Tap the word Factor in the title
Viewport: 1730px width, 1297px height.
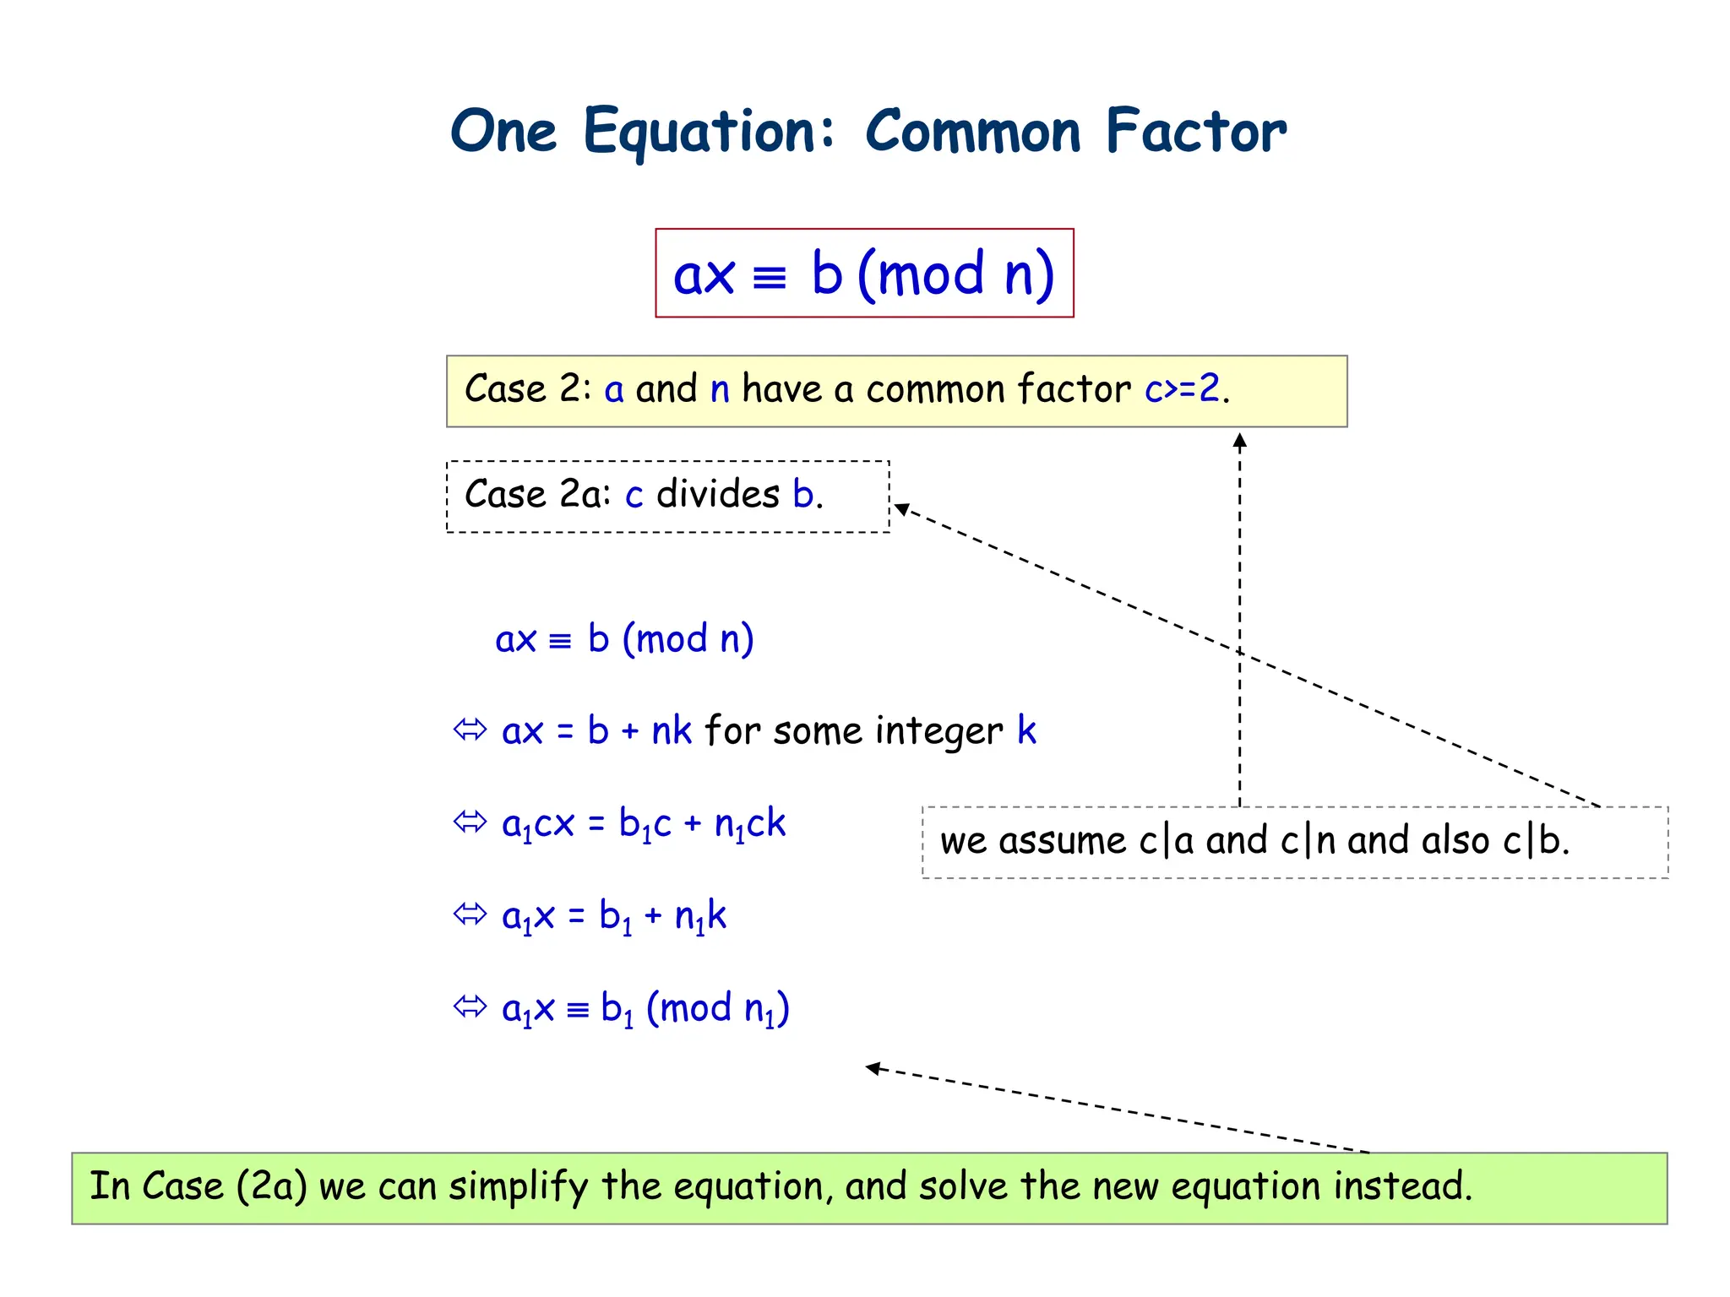(x=1195, y=133)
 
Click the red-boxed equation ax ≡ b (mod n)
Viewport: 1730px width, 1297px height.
(x=864, y=274)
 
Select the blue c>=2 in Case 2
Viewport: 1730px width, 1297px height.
(x=1182, y=389)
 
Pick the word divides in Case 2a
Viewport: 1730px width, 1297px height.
(x=718, y=495)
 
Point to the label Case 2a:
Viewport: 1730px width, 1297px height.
(x=537, y=495)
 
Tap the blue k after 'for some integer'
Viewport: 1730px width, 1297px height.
(x=1026, y=730)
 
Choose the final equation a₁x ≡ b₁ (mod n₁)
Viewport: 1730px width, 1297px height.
(x=645, y=1009)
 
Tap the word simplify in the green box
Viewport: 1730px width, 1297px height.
(x=518, y=1187)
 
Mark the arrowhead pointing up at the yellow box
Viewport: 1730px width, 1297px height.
(x=1239, y=440)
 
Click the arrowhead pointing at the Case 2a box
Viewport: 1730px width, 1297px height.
(x=902, y=508)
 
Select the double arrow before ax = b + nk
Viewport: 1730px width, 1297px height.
(x=470, y=730)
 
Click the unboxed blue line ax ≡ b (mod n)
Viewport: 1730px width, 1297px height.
(x=624, y=639)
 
